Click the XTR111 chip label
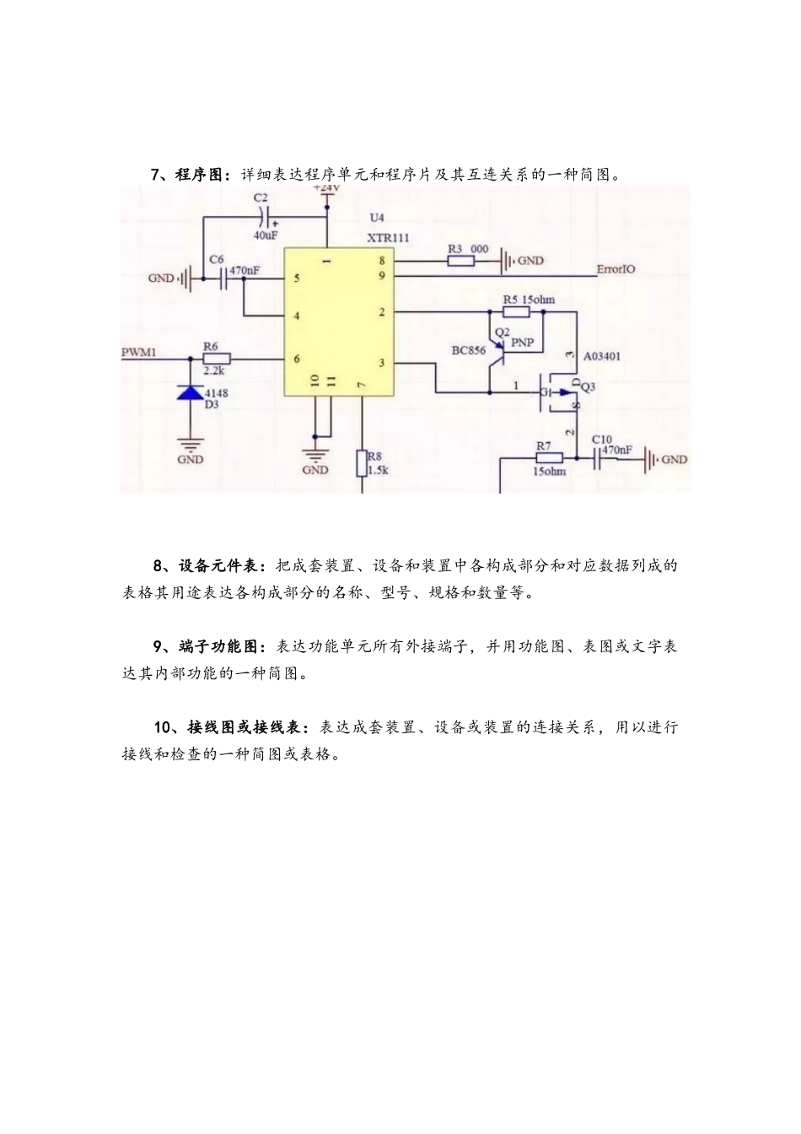point(388,239)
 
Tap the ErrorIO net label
point(616,269)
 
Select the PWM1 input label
point(139,351)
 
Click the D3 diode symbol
point(191,391)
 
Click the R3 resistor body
point(460,261)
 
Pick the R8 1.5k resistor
point(362,463)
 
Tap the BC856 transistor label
point(469,350)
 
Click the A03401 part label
point(602,356)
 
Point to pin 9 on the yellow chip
point(382,276)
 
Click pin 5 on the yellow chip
point(296,278)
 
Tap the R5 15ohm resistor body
point(517,312)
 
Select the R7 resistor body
point(550,458)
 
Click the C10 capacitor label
point(602,439)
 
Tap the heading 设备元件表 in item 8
point(222,566)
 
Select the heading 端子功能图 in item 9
point(222,647)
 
